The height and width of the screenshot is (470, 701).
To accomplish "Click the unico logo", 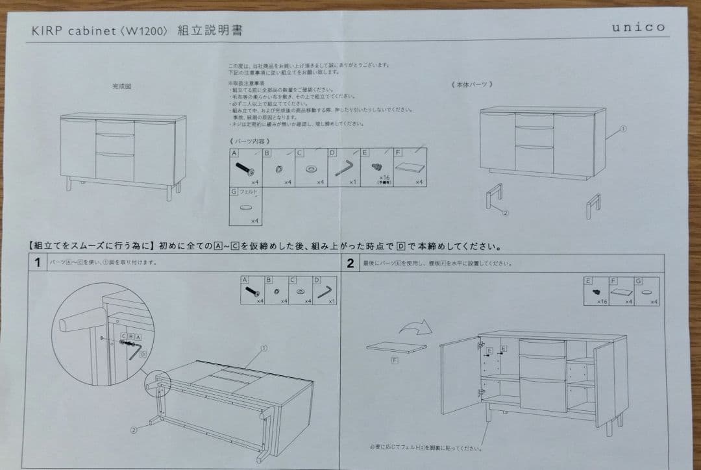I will [x=638, y=27].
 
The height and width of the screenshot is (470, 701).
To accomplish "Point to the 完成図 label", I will [x=121, y=86].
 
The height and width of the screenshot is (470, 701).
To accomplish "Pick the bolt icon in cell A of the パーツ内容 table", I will [x=244, y=169].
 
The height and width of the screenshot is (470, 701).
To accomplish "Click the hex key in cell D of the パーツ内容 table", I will [x=343, y=170].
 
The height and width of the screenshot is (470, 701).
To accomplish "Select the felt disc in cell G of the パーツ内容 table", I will [x=245, y=208].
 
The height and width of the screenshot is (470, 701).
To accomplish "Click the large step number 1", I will [x=38, y=263].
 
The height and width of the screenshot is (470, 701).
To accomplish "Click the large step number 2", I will [x=350, y=263].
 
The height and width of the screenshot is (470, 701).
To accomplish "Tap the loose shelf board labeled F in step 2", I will [x=395, y=347].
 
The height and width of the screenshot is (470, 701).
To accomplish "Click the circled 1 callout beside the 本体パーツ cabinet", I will [x=623, y=129].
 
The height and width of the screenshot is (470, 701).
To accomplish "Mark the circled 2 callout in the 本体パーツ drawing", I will [x=504, y=212].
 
